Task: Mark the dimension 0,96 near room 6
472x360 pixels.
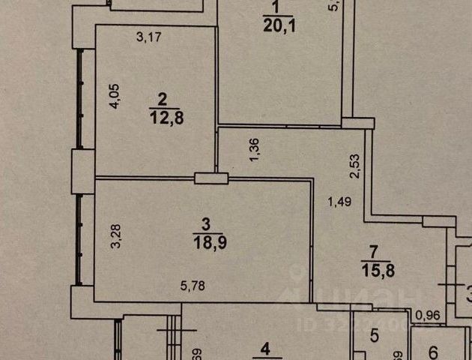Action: tap(429, 315)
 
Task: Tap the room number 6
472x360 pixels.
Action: tap(435, 349)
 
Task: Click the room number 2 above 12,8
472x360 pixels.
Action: tap(160, 98)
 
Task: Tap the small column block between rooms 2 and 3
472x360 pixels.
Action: tap(211, 178)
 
